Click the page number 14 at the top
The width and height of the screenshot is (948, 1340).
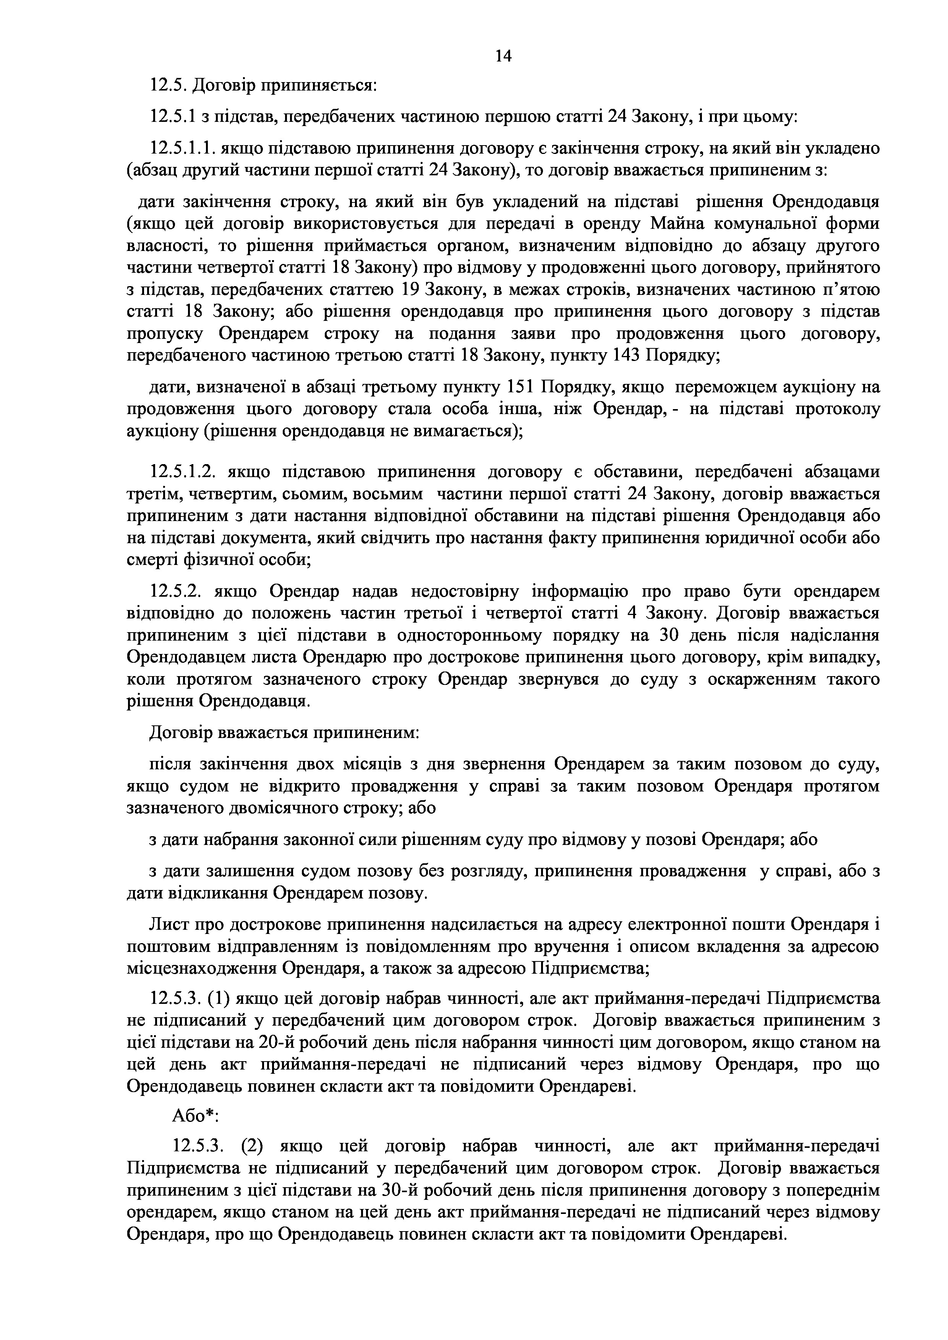(x=503, y=56)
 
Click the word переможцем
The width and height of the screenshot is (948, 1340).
(x=735, y=388)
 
